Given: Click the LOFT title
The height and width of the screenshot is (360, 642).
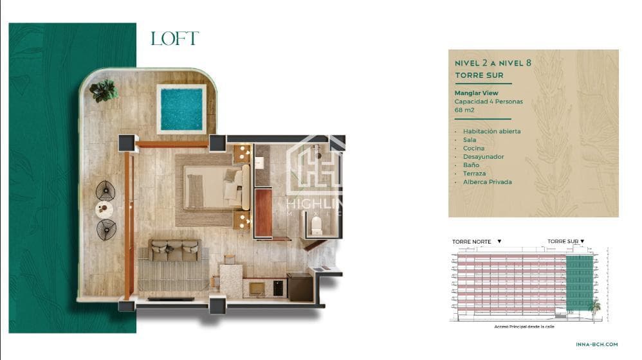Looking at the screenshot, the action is pos(175,39).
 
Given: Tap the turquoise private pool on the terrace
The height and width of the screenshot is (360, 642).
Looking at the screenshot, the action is pos(181,109).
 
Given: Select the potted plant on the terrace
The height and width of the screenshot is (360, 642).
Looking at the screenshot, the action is pos(104,91).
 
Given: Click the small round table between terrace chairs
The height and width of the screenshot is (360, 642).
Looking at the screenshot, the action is pos(104,210).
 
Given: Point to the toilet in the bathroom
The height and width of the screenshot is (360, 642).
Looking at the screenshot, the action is pos(316,226).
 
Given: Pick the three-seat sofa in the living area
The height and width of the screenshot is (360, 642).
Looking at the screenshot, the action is pos(175,250).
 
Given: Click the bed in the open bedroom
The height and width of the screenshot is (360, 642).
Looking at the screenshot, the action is pos(217,187).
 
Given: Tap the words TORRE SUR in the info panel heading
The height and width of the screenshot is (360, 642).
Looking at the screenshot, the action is pos(479,75).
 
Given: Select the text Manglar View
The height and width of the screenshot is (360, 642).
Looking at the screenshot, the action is pos(476,93).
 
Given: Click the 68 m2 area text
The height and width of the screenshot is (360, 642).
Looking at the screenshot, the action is pos(464,110).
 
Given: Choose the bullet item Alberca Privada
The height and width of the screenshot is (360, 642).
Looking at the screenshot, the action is pos(487,182).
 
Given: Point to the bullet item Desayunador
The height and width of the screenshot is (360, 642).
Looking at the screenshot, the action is pos(484,157).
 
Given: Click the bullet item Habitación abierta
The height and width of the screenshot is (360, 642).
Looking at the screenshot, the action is pos(491,131).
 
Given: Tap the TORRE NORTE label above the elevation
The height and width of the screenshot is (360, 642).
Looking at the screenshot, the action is pos(472,242).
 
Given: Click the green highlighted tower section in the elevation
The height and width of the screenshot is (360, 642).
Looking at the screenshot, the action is pos(580,283).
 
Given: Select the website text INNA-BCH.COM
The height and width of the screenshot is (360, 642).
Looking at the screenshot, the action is pos(596,345).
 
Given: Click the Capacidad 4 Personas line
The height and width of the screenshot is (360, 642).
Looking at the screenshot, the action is pos(488,102).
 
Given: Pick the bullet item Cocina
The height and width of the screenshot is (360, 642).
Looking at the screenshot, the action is pos(473,148).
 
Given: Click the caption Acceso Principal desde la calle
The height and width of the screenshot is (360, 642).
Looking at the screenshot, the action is pos(524,327).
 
